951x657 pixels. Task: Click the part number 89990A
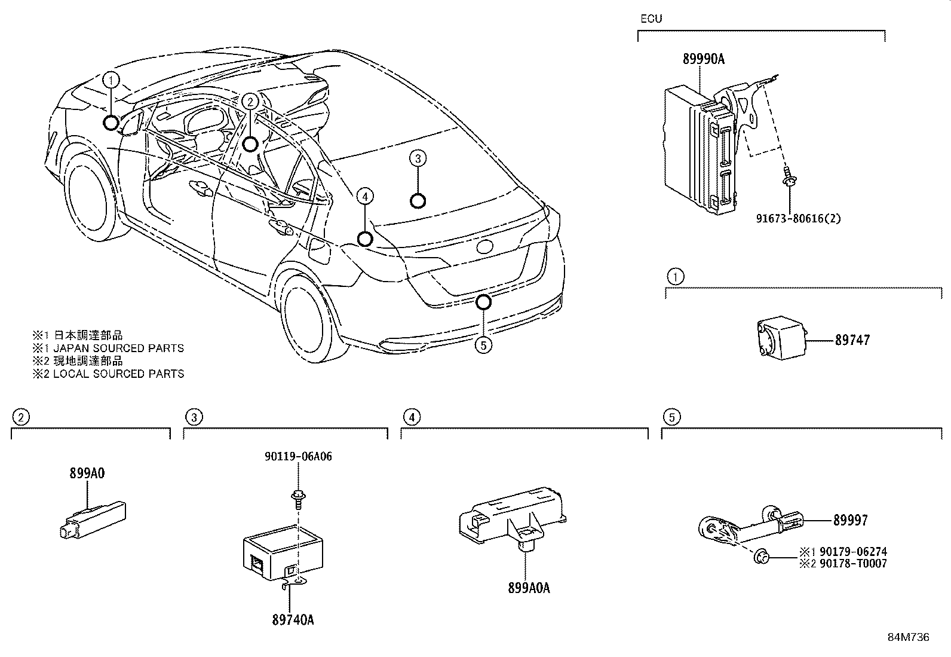(x=704, y=59)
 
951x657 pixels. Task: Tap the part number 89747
(x=852, y=340)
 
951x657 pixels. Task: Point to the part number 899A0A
(x=529, y=588)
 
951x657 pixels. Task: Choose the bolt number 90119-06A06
(x=297, y=457)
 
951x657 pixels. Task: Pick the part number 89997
(x=851, y=521)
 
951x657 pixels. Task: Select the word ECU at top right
(x=651, y=19)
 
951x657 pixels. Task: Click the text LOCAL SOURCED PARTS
(x=118, y=374)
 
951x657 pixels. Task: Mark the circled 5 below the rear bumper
(x=483, y=345)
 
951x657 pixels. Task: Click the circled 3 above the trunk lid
(x=418, y=158)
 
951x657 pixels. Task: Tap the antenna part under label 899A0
(x=93, y=520)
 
